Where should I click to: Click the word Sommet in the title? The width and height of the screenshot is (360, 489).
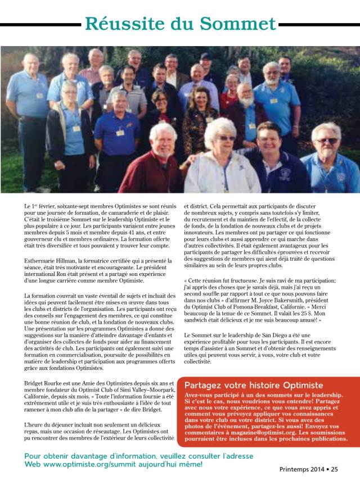point(238,24)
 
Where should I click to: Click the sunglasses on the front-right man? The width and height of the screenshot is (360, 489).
point(327,141)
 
